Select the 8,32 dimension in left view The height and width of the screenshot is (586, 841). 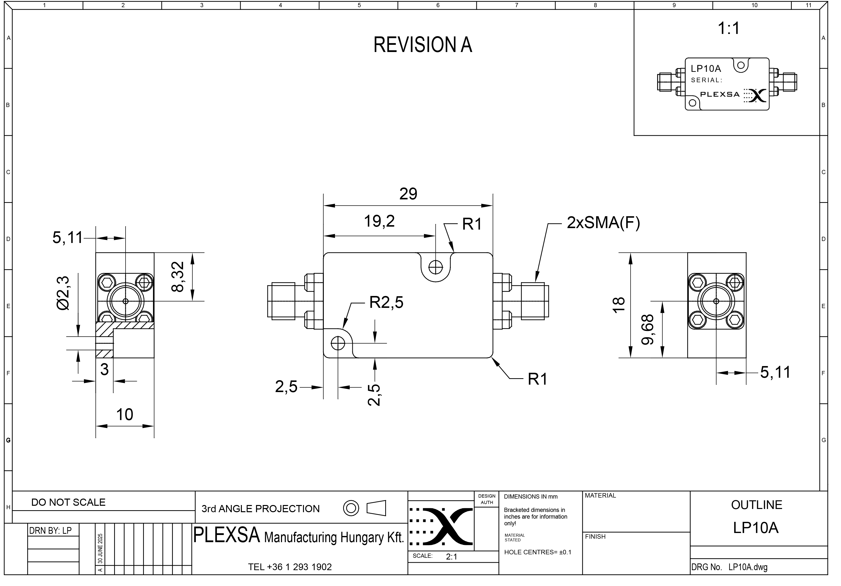tap(178, 277)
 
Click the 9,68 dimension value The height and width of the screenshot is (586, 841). tap(648, 329)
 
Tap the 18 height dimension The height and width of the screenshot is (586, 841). tap(618, 305)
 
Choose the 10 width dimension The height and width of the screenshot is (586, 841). tap(125, 415)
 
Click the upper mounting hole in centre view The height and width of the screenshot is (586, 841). tap(435, 267)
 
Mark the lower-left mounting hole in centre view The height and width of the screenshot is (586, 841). tap(338, 343)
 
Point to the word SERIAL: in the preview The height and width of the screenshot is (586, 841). tap(707, 80)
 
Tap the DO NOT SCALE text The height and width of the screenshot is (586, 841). tap(69, 503)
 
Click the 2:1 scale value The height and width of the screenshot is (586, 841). tap(452, 557)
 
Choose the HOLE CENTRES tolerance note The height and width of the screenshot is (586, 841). tap(537, 552)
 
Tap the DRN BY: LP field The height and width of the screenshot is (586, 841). tap(51, 530)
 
